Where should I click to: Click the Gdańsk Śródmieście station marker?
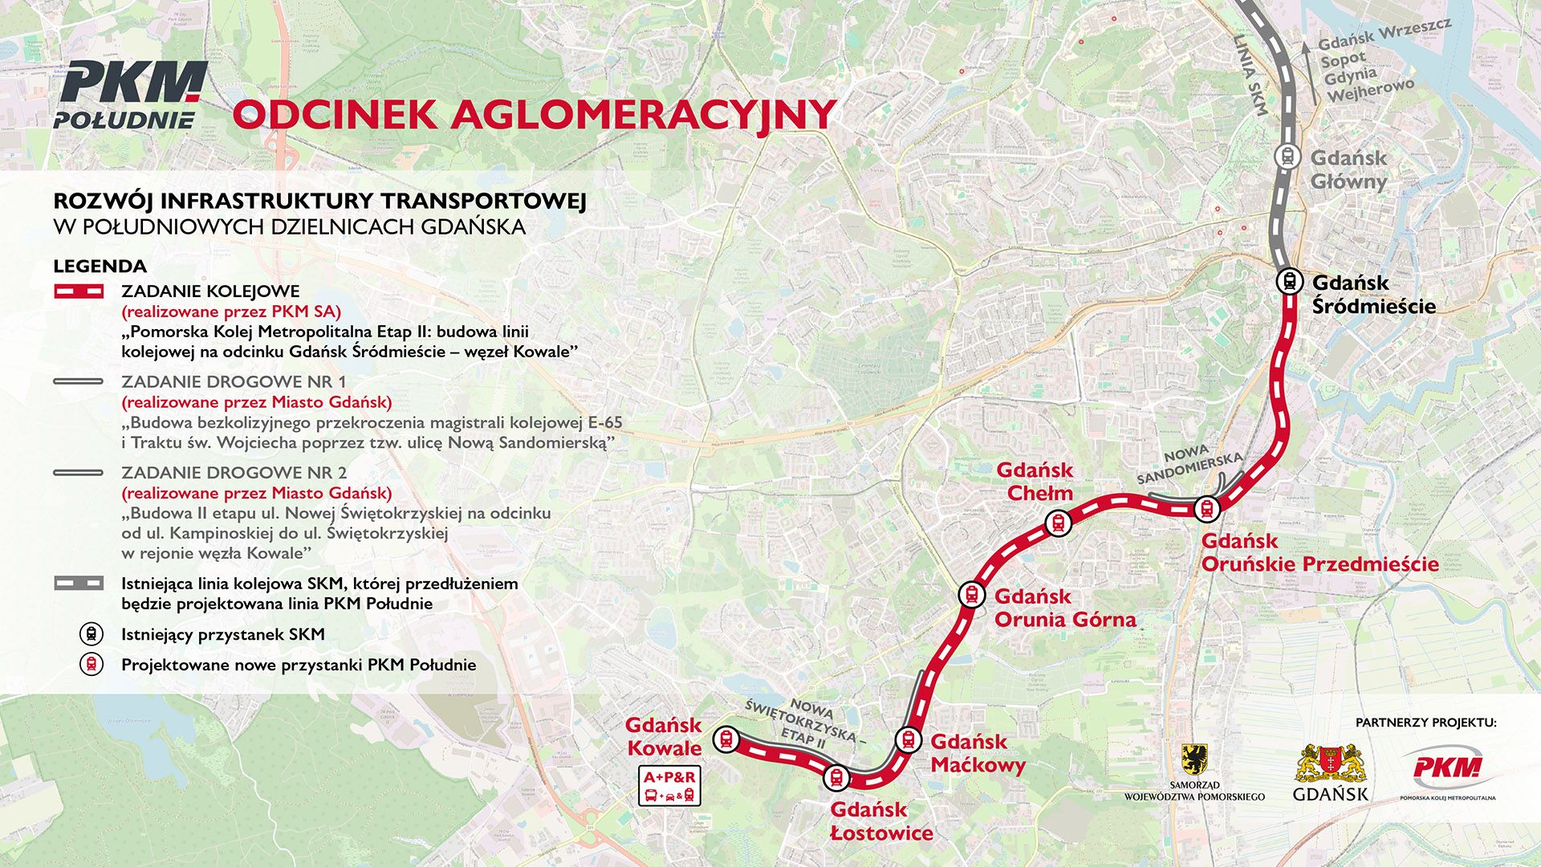click(x=1290, y=282)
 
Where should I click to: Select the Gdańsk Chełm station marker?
click(x=1059, y=523)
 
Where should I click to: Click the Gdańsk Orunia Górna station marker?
click(x=971, y=595)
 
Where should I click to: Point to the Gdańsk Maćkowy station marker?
click(x=908, y=739)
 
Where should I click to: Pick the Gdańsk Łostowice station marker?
click(x=836, y=777)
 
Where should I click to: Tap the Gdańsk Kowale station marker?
click(x=726, y=739)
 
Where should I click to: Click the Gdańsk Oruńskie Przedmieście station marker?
click(x=1206, y=508)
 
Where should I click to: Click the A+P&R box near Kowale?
click(x=670, y=786)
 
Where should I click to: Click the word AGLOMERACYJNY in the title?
click(x=644, y=114)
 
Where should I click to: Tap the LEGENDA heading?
click(x=100, y=267)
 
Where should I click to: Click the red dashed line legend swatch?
click(x=78, y=291)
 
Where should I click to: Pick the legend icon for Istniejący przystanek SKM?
click(x=91, y=634)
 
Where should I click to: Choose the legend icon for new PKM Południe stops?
click(x=91, y=665)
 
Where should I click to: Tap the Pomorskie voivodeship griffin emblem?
click(x=1194, y=759)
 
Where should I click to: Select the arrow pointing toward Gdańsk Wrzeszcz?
click(x=1306, y=72)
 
